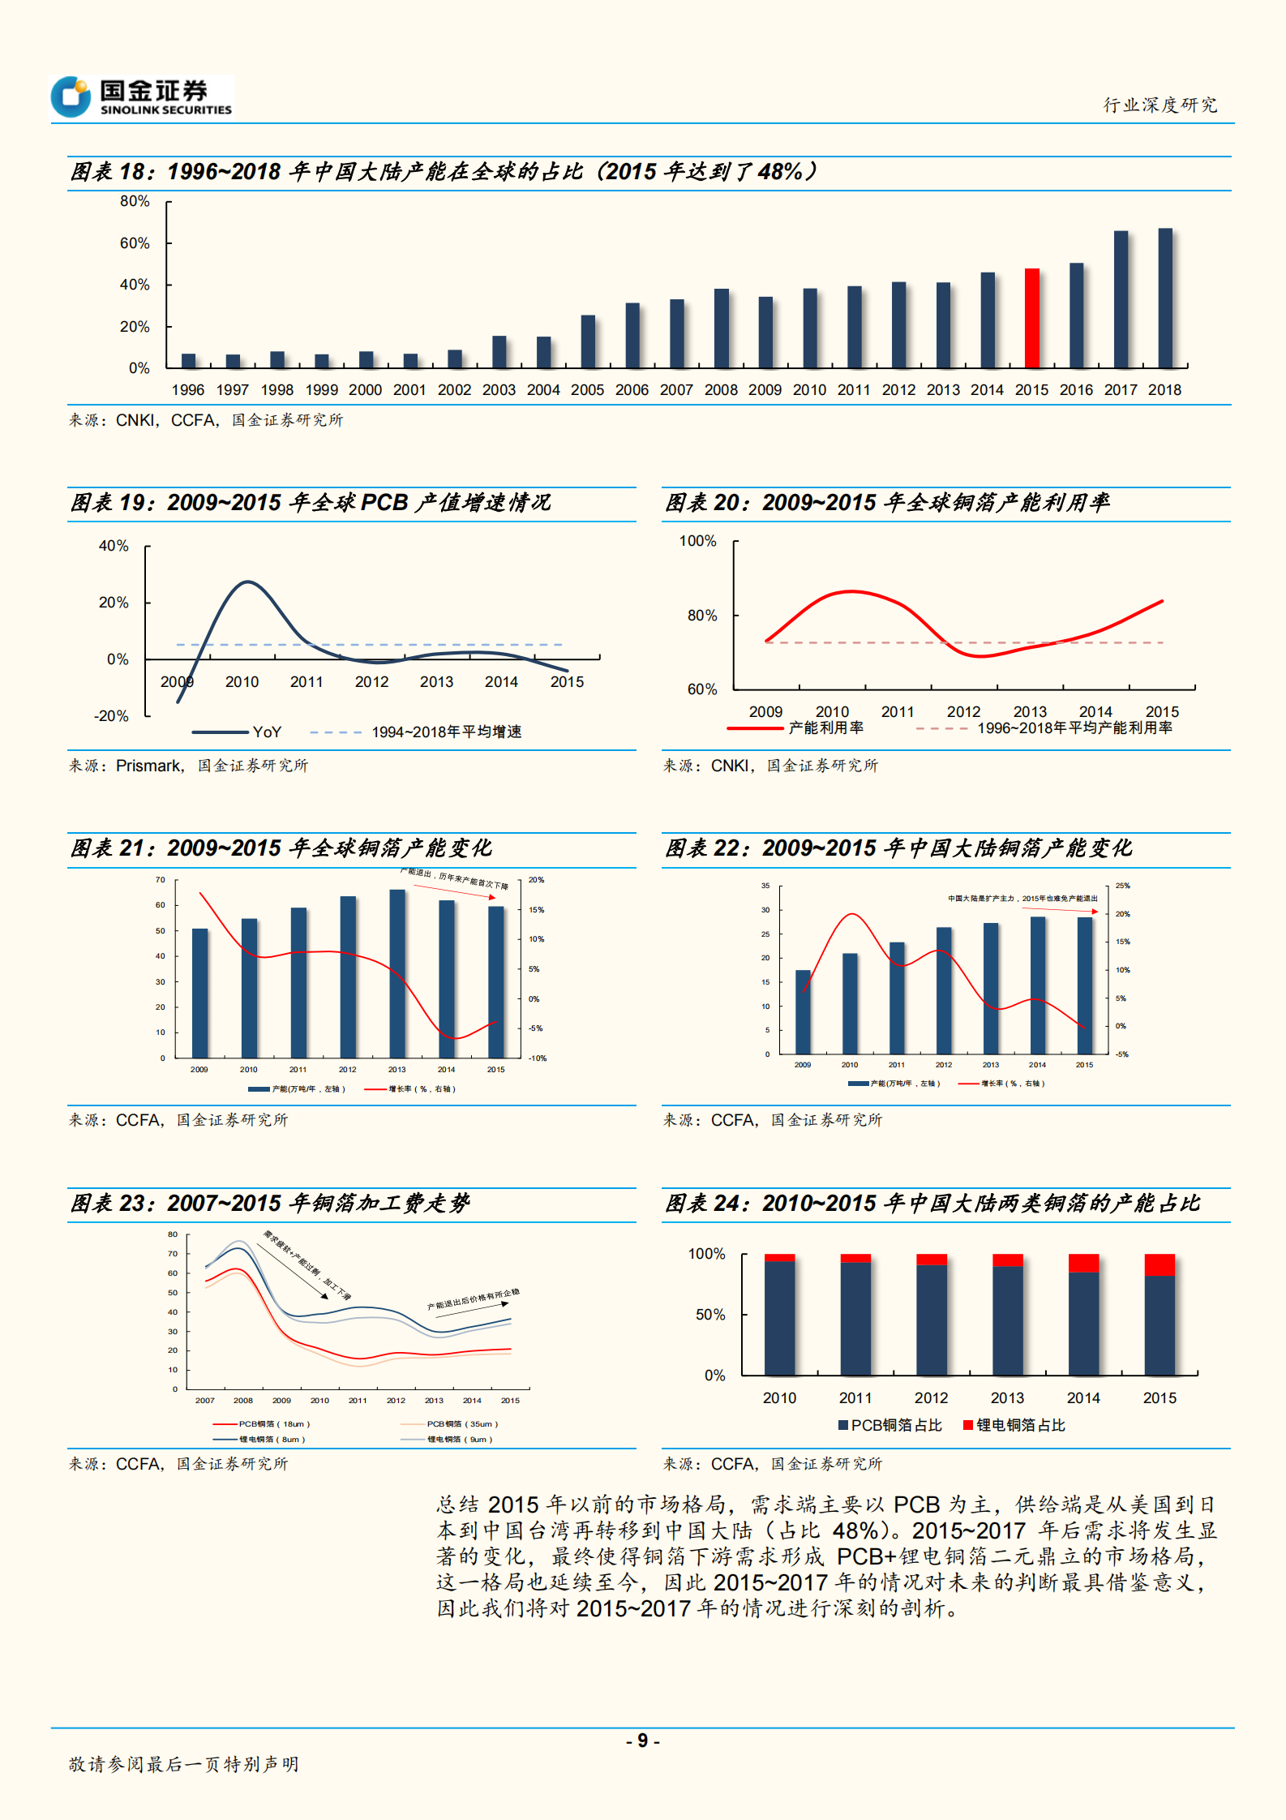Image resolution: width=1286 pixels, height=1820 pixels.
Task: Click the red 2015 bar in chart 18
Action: click(1031, 318)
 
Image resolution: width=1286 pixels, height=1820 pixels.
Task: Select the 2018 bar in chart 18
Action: click(1165, 298)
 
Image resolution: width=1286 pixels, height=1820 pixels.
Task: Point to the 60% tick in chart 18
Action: click(135, 243)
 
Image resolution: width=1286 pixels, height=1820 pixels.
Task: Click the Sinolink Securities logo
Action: click(143, 97)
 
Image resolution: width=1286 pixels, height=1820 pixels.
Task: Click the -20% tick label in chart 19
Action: click(111, 716)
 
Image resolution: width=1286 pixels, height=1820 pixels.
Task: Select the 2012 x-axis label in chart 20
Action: click(963, 711)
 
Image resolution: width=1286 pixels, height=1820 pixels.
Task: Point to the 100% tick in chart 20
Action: click(697, 541)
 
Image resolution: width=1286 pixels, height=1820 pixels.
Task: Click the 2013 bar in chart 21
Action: click(397, 973)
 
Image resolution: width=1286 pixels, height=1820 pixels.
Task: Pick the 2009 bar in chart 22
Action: click(803, 1011)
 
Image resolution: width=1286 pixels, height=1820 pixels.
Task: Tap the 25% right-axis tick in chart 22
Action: click(1122, 886)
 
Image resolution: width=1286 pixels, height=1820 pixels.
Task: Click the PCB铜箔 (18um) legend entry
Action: click(263, 1423)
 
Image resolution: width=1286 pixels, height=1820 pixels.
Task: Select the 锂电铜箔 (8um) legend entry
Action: click(260, 1439)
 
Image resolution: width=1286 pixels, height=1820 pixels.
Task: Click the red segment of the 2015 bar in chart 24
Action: click(1160, 1265)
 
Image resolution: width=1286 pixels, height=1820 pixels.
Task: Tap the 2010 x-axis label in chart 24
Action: click(779, 1397)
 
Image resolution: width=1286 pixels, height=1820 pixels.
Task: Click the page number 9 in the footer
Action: click(642, 1741)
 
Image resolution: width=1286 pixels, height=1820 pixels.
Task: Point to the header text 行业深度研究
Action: click(1160, 105)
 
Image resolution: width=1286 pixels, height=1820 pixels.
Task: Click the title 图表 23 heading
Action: click(269, 1203)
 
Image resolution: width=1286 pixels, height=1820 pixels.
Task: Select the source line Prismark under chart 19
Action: click(188, 765)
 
